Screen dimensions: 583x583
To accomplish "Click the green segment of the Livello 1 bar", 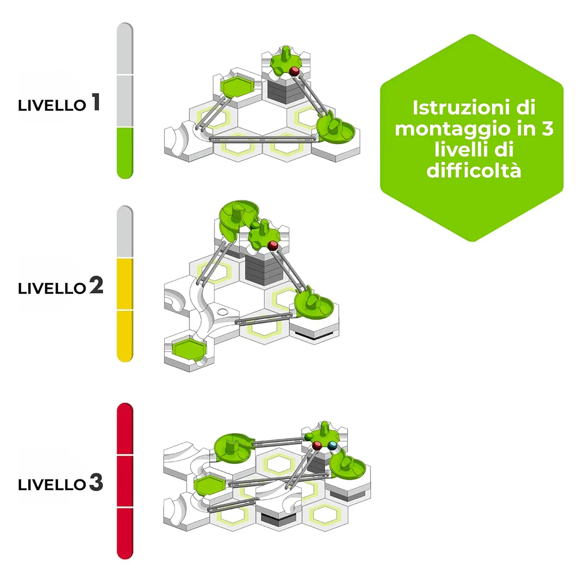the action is [125, 153].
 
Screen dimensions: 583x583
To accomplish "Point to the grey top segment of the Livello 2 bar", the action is [125, 232].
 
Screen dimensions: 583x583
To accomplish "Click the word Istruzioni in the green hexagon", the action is [474, 107].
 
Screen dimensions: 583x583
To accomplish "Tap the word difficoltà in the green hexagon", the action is [474, 170].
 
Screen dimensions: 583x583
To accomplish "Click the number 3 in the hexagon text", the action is [547, 128].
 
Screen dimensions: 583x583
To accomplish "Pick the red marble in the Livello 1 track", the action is [295, 71].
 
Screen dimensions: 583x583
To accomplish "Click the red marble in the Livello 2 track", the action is [273, 245].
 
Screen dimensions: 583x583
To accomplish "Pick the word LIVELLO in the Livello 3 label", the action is [52, 485].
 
